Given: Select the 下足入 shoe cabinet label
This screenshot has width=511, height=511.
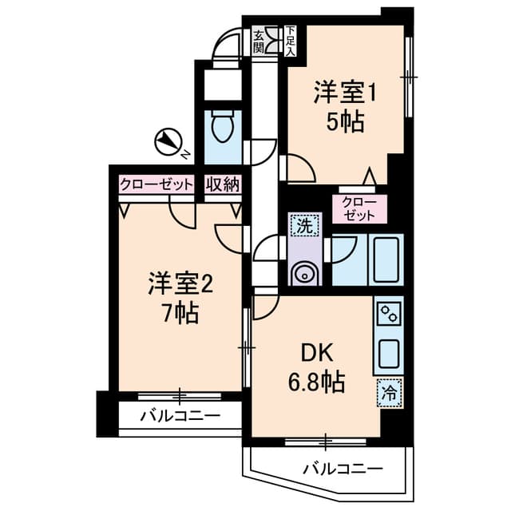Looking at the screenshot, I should click(290, 40).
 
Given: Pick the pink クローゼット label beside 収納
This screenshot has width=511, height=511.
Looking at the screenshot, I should click(156, 184).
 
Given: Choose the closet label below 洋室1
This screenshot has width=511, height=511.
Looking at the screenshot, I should click(358, 208).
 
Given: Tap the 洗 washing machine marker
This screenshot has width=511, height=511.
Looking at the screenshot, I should click(304, 226).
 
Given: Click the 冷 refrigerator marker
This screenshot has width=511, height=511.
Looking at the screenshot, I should click(390, 392).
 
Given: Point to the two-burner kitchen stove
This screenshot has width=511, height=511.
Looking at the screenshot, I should click(390, 311).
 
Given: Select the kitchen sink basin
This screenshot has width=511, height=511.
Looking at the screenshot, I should click(390, 350).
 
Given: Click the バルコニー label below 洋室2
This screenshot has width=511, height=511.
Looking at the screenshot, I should click(180, 416).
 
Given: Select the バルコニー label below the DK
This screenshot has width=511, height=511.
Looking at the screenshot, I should click(343, 469).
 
